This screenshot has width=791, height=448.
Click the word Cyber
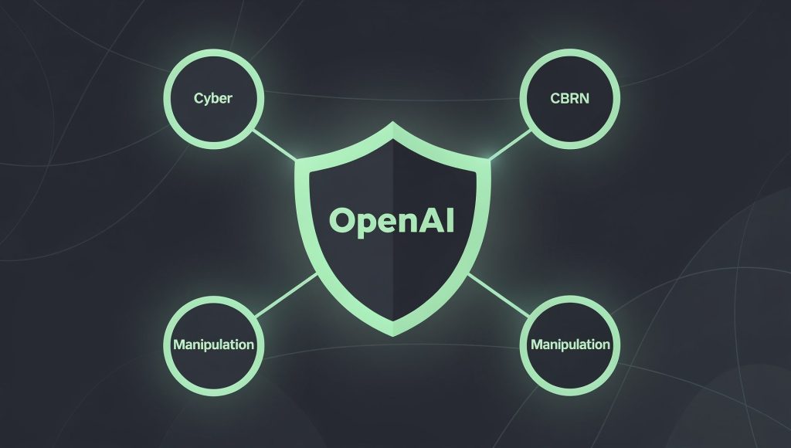coord(213,98)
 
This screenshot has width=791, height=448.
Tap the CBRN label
coord(569,98)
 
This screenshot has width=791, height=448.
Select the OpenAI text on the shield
coord(392,221)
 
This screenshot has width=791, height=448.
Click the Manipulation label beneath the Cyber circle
coord(213,344)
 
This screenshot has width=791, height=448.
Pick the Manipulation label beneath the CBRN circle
coord(570,344)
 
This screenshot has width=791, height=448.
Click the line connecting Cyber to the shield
coord(274,144)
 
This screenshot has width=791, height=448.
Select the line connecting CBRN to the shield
coord(510,144)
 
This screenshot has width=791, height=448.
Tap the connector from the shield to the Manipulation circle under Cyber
coord(286,295)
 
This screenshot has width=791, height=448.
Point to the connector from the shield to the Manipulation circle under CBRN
coord(499,295)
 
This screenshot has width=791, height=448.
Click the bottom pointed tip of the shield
coord(393,335)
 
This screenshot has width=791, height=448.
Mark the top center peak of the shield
coord(393,122)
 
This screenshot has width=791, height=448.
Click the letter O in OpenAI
coord(342,221)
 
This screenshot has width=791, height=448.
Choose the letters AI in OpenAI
coord(437,220)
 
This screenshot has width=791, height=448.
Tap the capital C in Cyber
coord(199,98)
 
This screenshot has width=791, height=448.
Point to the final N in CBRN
coord(584,98)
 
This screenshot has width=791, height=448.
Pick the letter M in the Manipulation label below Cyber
coord(180,344)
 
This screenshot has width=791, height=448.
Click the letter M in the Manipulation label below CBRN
coord(538,344)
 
